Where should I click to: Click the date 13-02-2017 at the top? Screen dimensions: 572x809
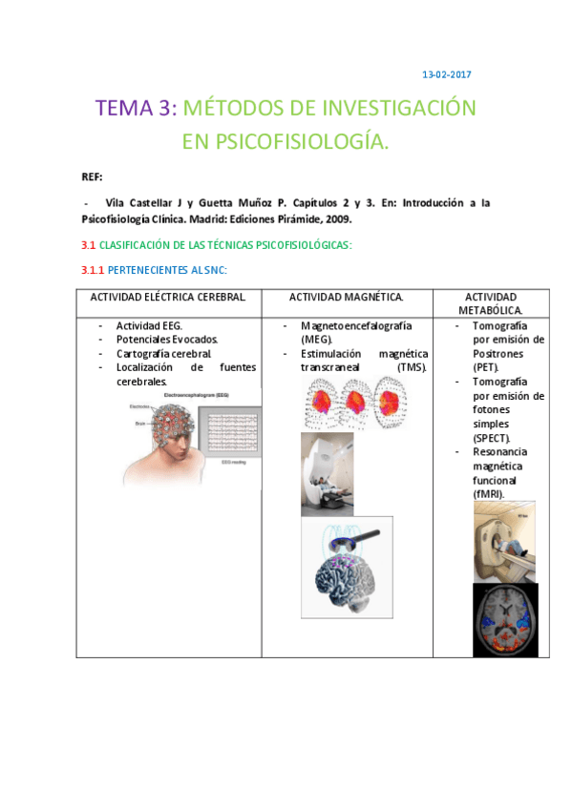tap(447, 74)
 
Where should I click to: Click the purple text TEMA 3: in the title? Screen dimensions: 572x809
tap(136, 108)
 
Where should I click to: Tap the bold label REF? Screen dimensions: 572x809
tap(92, 177)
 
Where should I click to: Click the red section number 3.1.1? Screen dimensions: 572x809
tap(93, 271)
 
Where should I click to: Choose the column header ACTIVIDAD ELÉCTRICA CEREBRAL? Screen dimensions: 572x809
tap(168, 298)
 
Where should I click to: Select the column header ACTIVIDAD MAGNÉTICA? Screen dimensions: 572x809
tap(346, 298)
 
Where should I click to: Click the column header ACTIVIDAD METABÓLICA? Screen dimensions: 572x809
tap(490, 304)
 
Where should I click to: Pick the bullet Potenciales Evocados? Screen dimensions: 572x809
tap(167, 339)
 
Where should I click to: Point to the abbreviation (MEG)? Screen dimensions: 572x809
tap(316, 339)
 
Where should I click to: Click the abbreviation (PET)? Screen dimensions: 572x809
tap(485, 366)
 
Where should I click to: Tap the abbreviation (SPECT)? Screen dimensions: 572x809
tap(491, 437)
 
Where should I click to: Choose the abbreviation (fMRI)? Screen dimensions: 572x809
tap(488, 493)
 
